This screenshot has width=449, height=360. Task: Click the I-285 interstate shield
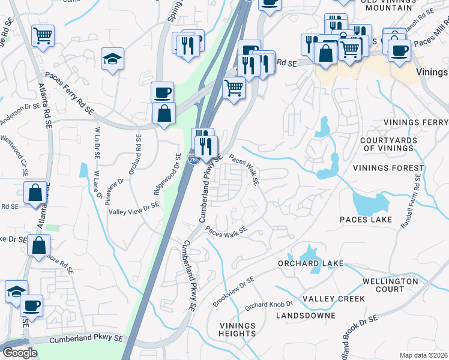193,160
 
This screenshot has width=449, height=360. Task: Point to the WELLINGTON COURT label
391,285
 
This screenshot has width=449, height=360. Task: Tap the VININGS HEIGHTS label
237,330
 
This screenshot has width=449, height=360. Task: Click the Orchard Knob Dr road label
268,304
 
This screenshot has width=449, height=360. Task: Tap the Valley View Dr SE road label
133,208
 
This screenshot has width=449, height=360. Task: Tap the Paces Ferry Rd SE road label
70,94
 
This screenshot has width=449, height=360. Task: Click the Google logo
20,353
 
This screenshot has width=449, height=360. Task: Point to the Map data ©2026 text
423,355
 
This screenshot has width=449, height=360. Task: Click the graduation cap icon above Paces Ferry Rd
112,59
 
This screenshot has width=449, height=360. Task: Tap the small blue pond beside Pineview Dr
82,170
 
